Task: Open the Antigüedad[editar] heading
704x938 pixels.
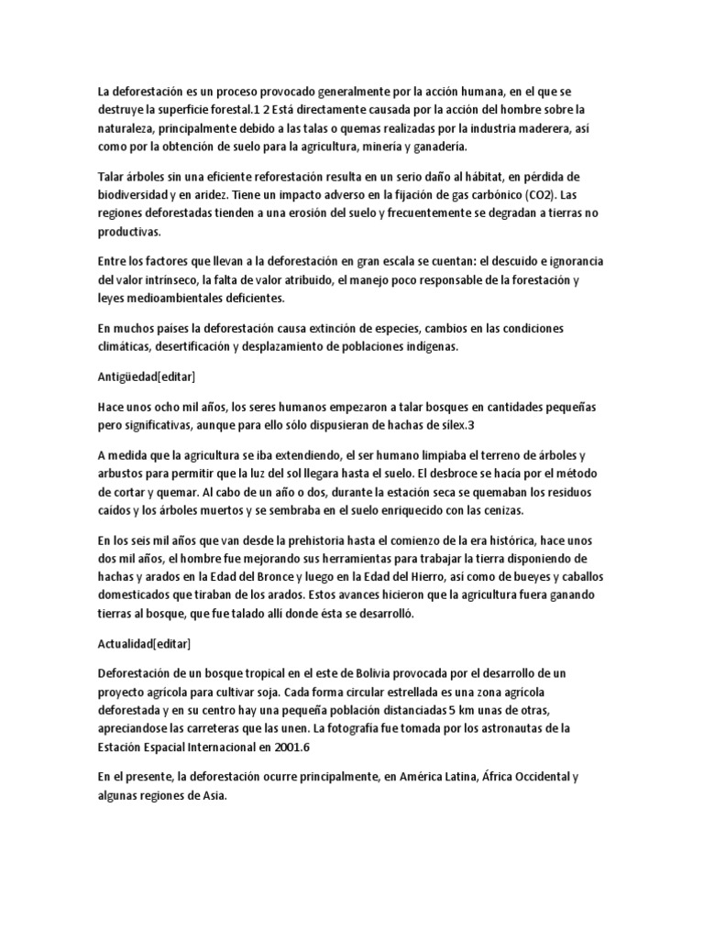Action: pyautogui.click(x=146, y=376)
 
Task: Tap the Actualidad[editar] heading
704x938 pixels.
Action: pyautogui.click(x=144, y=644)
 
